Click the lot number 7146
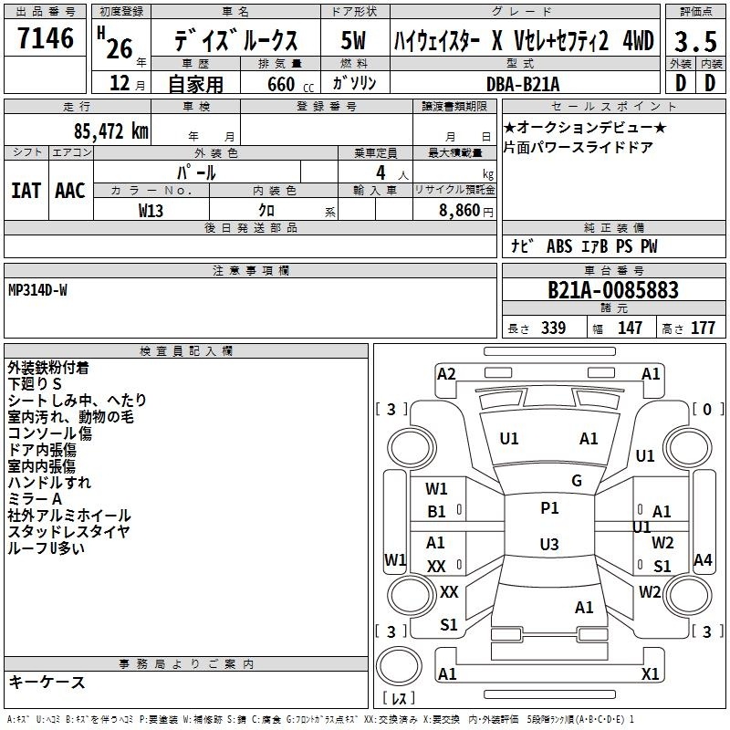46,38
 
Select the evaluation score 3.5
695,42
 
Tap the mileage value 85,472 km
111,131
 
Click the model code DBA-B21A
523,84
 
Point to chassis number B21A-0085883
613,290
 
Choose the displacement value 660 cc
290,84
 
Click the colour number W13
151,211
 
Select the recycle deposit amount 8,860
459,210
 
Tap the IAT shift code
26,191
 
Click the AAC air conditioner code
70,191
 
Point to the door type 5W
353,40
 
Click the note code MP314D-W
37,290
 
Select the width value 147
630,328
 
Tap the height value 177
703,328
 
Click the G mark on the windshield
577,480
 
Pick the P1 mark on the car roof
549,508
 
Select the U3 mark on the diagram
549,544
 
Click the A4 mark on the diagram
703,560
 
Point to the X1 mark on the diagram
650,673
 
